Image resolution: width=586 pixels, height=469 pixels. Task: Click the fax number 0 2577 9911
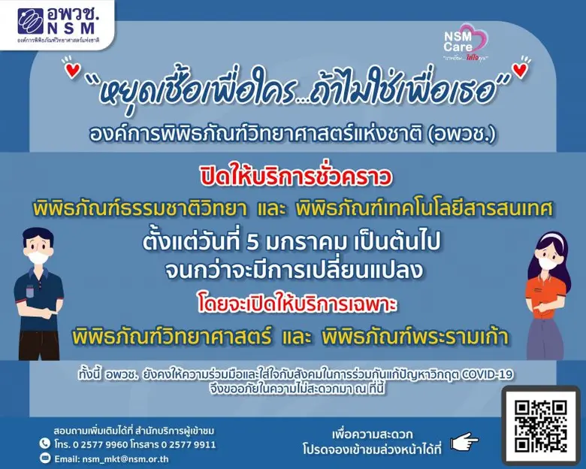point(187,443)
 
